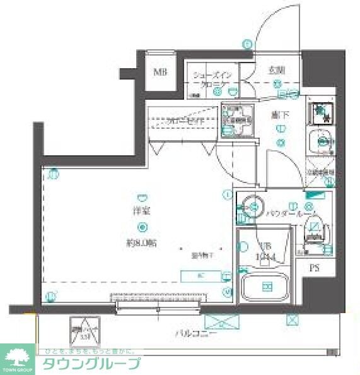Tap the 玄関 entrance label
coord(275,70)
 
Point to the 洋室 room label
coord(141,211)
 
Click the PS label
coord(314,268)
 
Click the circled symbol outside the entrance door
coord(247,44)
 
